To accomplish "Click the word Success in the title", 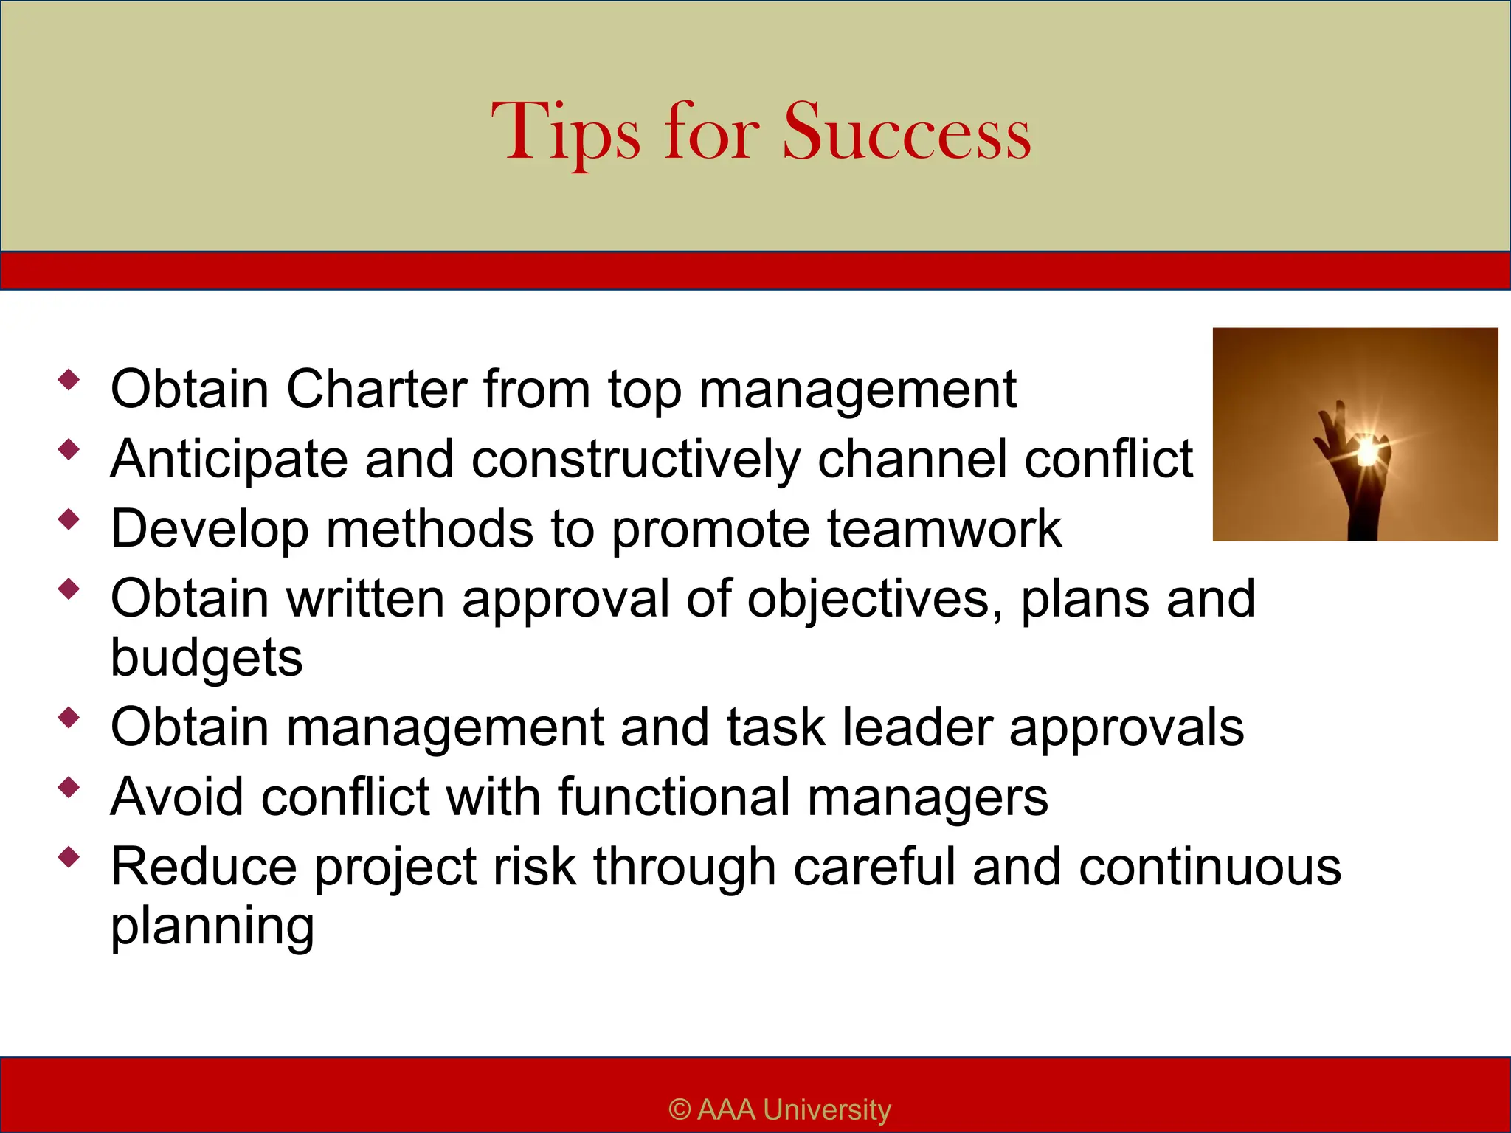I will click(x=906, y=133).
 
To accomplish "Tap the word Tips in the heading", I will click(x=566, y=133).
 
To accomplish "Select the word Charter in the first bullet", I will click(x=376, y=389).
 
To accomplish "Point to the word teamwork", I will click(x=944, y=529).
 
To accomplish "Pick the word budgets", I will click(x=207, y=658).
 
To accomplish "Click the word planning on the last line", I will click(x=212, y=927).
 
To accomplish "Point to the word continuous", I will click(x=1210, y=867).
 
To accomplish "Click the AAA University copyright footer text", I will click(x=780, y=1109).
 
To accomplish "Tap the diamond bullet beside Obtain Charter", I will click(x=69, y=380).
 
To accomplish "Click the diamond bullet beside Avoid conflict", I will click(x=69, y=788).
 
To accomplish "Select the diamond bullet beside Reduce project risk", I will click(x=69, y=857).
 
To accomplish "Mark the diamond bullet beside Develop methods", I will click(x=69, y=519).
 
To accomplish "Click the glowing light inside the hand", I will click(x=1367, y=451).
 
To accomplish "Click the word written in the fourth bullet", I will click(x=365, y=598).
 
